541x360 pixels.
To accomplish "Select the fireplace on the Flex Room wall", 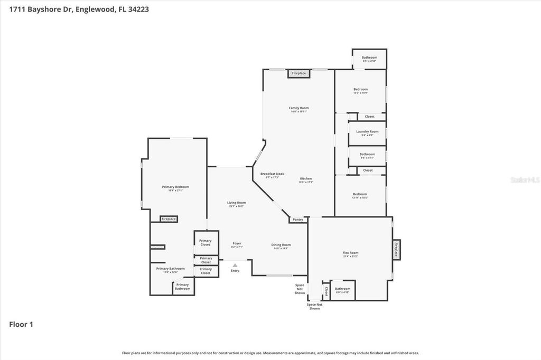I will coord(396,250).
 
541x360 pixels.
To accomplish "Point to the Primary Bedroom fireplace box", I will coord(169,219).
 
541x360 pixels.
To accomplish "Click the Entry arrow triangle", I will coord(235,265).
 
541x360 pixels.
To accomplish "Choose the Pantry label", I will coord(298,220).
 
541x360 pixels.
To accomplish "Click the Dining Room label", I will coord(281,246).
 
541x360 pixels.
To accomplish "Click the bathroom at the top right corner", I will coord(369,59).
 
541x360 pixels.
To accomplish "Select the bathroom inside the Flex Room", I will coord(342,290).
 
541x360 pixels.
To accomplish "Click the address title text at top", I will coord(75,9).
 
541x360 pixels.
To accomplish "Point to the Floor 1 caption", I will coord(21,325).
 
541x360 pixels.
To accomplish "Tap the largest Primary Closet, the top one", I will coord(205,242).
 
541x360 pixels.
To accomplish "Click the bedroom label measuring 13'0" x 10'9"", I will coord(360,91).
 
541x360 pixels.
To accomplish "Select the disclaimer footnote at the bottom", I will coord(270,353).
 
